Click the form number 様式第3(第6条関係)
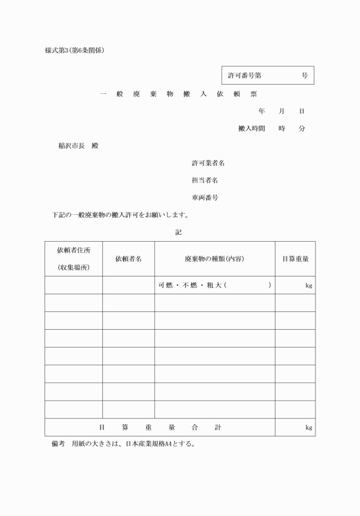click(x=74, y=50)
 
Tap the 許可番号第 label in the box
click(x=245, y=75)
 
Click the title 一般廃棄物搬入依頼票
click(x=178, y=94)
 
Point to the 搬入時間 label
click(x=251, y=129)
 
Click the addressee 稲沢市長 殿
click(x=78, y=146)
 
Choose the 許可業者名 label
click(x=208, y=163)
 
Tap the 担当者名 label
click(x=205, y=180)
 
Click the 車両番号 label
click(x=205, y=198)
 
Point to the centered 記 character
click(x=178, y=232)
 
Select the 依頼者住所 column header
click(x=74, y=250)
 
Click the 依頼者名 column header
click(x=129, y=259)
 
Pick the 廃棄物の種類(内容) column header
click(x=214, y=259)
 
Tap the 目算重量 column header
click(x=295, y=259)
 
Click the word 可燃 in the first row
click(x=166, y=285)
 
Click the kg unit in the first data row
click(x=309, y=286)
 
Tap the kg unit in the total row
click(x=309, y=427)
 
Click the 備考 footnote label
click(x=58, y=445)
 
